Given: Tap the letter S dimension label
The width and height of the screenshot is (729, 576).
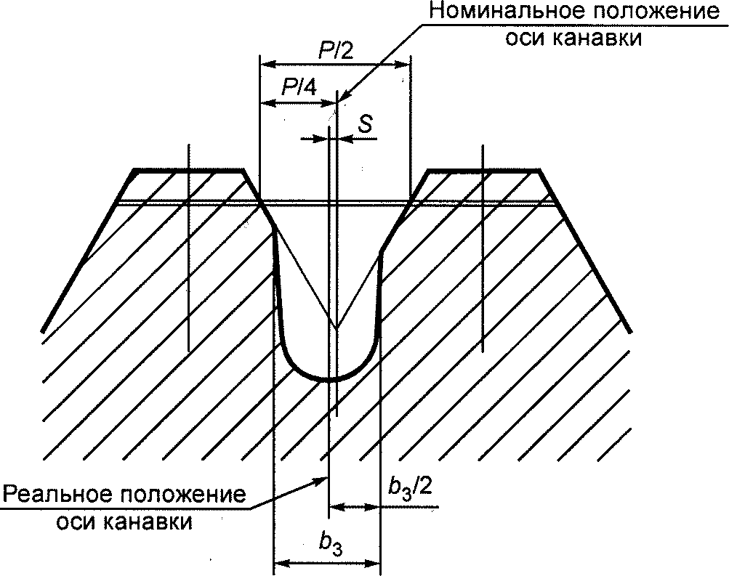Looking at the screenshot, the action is (x=366, y=124).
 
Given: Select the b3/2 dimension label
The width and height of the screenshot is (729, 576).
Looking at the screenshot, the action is (x=410, y=487).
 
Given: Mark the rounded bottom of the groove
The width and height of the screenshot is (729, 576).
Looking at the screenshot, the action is (x=329, y=378).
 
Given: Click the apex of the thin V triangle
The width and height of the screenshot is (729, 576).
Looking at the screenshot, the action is (x=336, y=328).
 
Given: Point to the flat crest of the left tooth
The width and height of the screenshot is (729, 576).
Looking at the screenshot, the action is (x=188, y=171).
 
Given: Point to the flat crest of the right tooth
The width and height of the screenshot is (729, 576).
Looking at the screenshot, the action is (x=483, y=171).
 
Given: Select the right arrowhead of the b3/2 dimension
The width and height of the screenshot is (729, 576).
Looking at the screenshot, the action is (x=375, y=506).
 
